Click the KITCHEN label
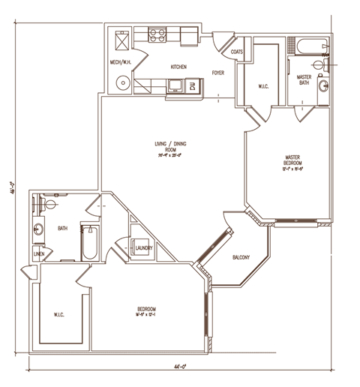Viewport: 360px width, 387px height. click(x=178, y=67)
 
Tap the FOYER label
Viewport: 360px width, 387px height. click(x=218, y=73)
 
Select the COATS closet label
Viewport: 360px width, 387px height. click(x=237, y=52)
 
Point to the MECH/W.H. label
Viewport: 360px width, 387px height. click(x=122, y=62)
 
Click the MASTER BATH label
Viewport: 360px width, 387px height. click(x=304, y=79)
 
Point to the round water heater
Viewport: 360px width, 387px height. click(x=121, y=82)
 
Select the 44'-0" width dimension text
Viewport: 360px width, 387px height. click(x=178, y=367)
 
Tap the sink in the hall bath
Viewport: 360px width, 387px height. click(x=39, y=229)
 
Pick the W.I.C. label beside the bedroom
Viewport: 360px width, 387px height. click(x=58, y=314)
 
